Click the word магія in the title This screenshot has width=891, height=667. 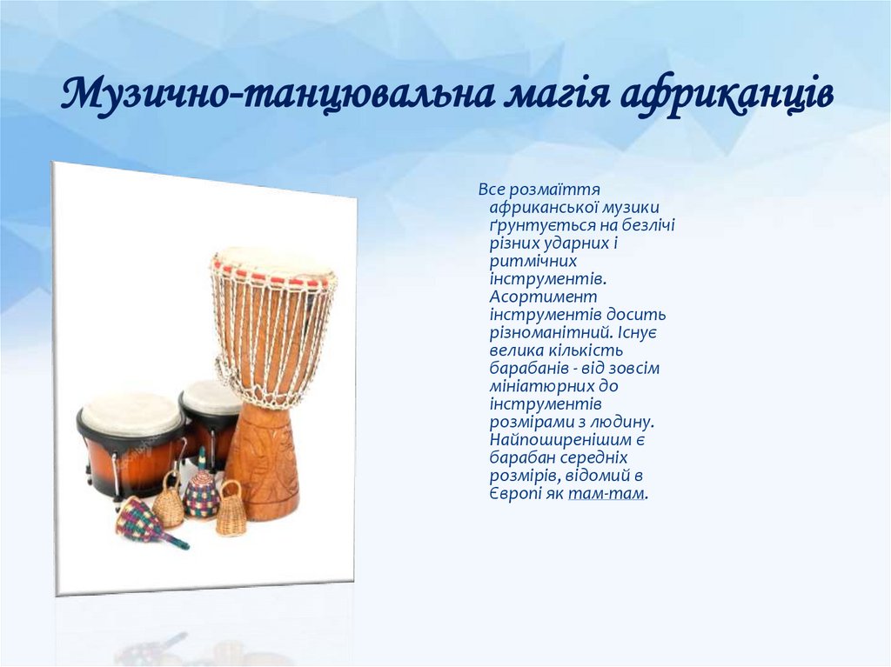[x=553, y=95]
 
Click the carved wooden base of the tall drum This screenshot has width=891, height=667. [x=262, y=461]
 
